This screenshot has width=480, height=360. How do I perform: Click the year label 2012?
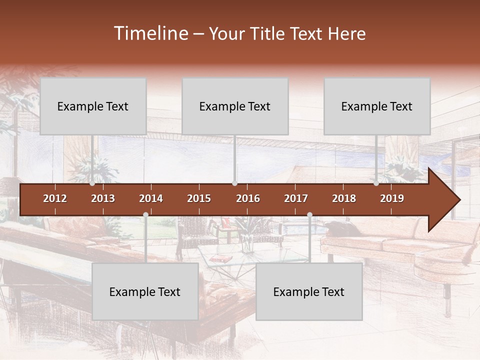click(55, 198)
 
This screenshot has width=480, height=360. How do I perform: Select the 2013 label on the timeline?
click(103, 198)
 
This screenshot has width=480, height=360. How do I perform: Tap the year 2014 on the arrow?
click(151, 198)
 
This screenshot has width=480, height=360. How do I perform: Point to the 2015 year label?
click(199, 198)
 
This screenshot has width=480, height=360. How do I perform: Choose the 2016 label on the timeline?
click(248, 198)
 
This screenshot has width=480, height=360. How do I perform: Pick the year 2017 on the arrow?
click(296, 198)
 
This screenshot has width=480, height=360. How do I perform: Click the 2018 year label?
click(344, 198)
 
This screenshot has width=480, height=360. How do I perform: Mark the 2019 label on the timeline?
click(392, 198)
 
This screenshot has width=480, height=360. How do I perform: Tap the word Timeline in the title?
click(150, 33)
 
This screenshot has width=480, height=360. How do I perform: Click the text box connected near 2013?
click(93, 106)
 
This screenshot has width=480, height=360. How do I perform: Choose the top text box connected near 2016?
click(235, 106)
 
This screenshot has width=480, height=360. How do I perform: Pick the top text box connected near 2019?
click(377, 106)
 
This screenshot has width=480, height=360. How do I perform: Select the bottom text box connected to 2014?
click(145, 291)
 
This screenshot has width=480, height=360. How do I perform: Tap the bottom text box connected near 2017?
click(309, 291)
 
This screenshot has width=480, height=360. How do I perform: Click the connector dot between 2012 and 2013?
click(92, 183)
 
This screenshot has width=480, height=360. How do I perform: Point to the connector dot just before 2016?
click(235, 183)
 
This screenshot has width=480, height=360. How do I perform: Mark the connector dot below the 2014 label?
click(145, 215)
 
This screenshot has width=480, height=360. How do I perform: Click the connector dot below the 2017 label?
click(309, 215)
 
